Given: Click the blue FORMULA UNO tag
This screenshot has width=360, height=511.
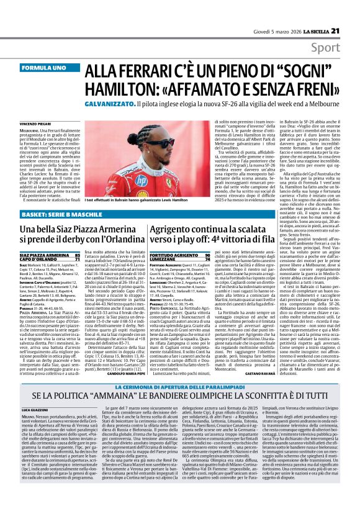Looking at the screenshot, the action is [x=42, y=66].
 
